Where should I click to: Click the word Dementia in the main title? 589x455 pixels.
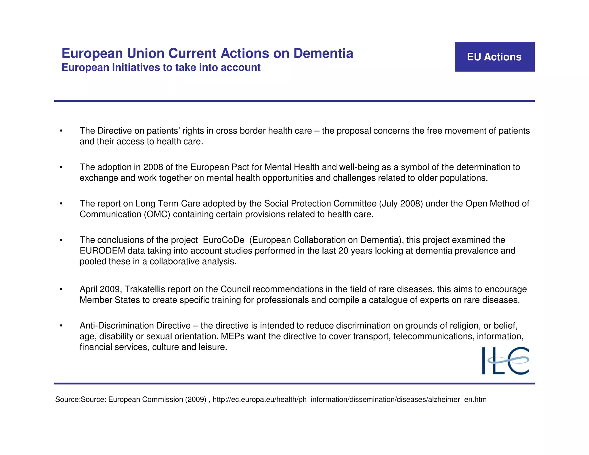click(323, 53)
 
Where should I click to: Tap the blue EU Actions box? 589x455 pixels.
click(494, 57)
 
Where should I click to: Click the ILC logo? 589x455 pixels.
click(505, 361)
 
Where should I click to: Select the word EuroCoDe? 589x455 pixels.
click(223, 240)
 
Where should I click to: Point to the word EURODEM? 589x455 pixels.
click(102, 251)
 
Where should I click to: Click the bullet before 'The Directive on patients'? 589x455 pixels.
click(61, 131)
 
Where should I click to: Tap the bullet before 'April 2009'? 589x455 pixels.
click(61, 289)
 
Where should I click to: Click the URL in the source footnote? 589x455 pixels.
click(349, 399)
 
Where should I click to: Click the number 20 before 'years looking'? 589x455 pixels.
click(343, 251)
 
